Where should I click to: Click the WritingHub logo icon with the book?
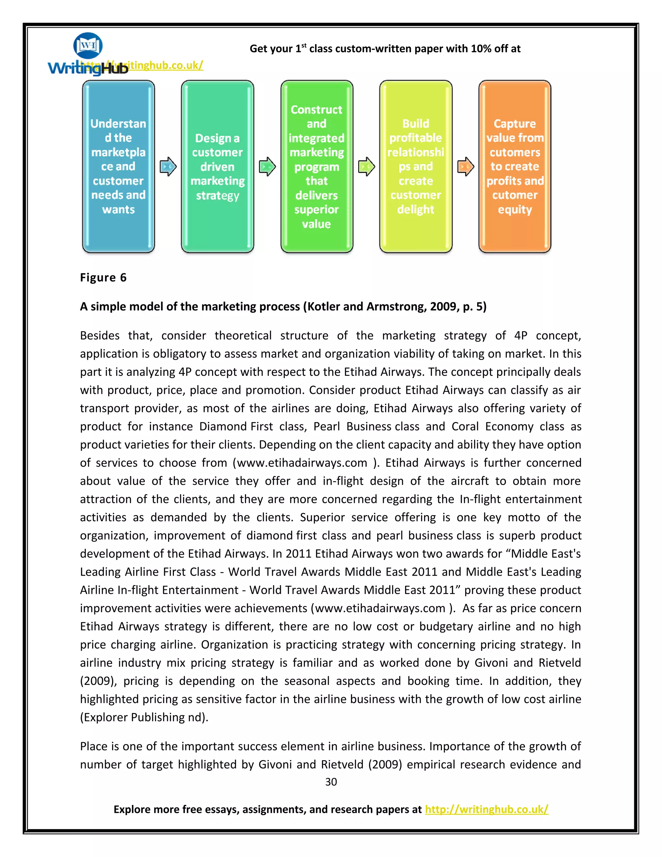pos(88,46)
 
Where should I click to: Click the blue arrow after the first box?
pos(168,167)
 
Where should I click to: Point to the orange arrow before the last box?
pos(465,167)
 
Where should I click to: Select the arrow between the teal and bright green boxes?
pos(267,167)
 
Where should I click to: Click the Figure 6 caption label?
pos(103,278)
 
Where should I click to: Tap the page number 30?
pos(331,782)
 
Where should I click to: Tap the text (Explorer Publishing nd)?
pos(144,717)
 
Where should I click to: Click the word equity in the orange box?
pos(515,210)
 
